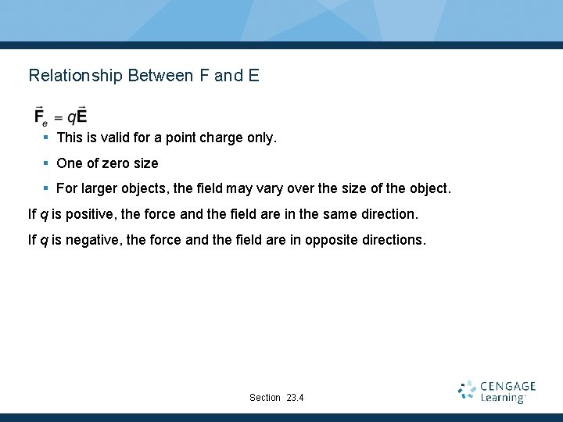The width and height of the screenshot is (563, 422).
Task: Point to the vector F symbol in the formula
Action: [x=39, y=116]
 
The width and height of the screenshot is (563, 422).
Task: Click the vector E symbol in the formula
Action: [x=81, y=116]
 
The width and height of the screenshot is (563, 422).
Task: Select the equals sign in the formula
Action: [x=59, y=117]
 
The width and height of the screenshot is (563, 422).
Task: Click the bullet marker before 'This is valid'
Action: [x=46, y=138]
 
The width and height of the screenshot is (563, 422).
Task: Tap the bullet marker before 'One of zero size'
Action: [x=46, y=163]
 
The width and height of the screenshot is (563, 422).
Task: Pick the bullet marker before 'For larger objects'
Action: [x=46, y=188]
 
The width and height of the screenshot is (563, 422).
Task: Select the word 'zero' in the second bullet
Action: [x=113, y=163]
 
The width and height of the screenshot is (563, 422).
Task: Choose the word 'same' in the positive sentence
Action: [x=322, y=214]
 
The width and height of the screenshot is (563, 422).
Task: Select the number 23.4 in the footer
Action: [x=295, y=398]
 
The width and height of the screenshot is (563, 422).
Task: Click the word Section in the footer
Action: [x=264, y=398]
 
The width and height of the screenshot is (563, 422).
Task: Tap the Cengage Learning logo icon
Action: [x=467, y=391]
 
